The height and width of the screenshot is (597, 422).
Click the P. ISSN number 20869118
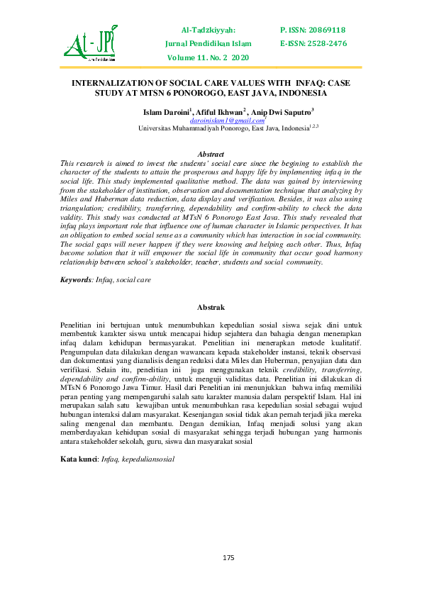(x=313, y=30)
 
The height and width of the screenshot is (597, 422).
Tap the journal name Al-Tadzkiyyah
(x=209, y=30)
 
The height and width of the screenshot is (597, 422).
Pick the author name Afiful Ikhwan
(x=221, y=112)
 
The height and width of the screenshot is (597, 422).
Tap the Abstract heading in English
(x=211, y=154)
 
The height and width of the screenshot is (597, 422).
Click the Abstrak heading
(x=211, y=307)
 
